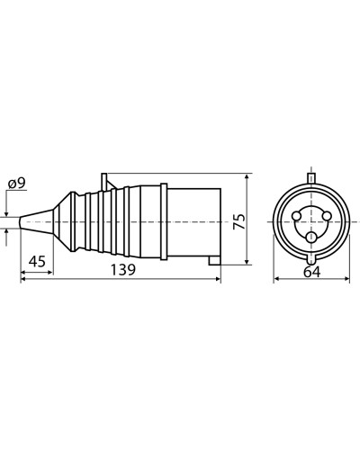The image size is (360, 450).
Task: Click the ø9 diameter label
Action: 17,184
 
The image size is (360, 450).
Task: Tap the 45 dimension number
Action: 37,261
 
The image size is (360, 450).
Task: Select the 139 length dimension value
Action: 123,270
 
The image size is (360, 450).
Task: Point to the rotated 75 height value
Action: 240,221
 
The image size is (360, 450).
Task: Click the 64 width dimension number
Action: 312,272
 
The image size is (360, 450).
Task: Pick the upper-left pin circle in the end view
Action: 296,215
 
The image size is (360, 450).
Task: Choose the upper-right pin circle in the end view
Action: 327,215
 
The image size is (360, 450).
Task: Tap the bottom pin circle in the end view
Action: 311,238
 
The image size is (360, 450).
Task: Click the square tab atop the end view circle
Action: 311,178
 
